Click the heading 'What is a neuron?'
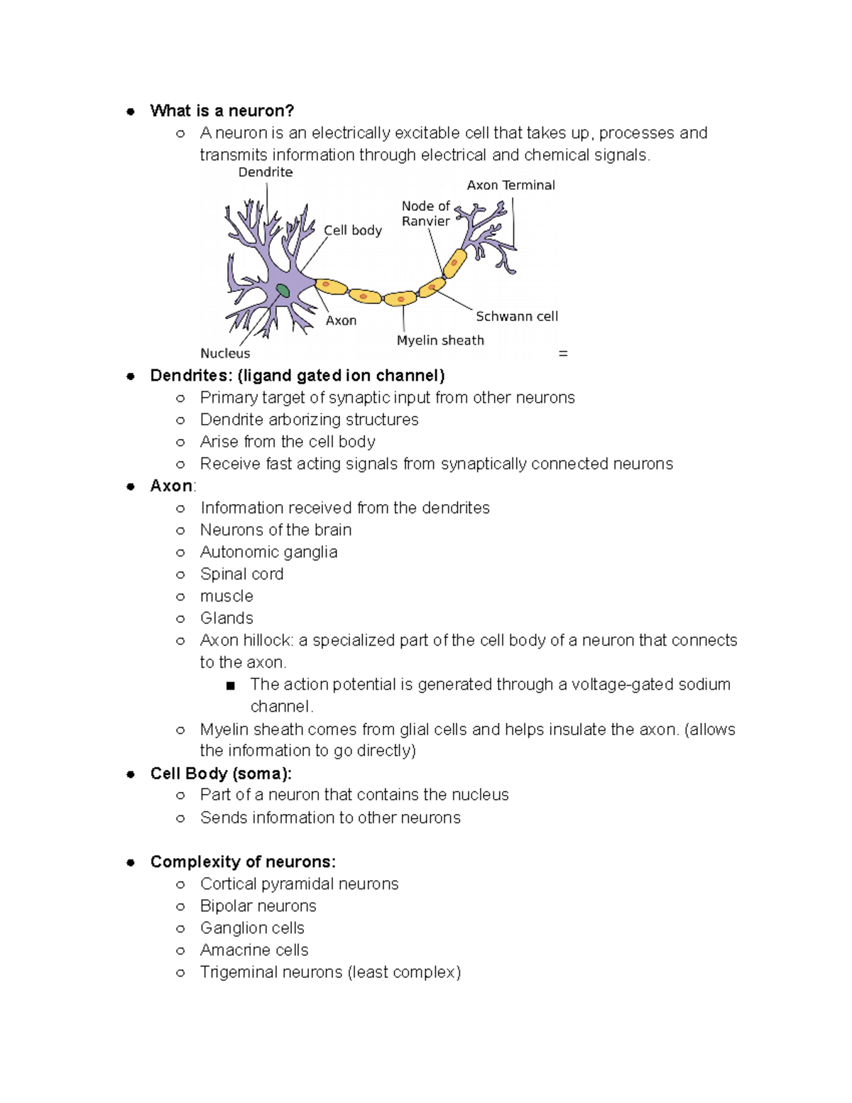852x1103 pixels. [222, 111]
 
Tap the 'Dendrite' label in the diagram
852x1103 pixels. [265, 173]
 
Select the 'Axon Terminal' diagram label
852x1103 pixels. [510, 185]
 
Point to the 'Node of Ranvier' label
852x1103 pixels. [425, 213]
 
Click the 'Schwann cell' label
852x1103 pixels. [516, 316]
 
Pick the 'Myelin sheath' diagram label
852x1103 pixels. [440, 340]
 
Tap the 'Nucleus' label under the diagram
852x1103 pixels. [225, 353]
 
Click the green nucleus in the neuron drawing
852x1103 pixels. [283, 290]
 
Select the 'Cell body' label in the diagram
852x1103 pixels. [353, 230]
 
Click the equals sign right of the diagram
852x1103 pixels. [563, 353]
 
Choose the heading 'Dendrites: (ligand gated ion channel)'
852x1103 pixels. [297, 376]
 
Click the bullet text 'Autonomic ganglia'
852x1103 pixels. [268, 552]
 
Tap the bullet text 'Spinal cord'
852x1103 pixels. [241, 574]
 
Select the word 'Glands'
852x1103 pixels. [226, 618]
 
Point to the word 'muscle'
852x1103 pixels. [226, 596]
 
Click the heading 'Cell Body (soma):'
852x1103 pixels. [221, 773]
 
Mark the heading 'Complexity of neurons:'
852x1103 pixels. [243, 862]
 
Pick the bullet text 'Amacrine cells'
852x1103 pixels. [254, 950]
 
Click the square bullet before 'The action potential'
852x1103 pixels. [230, 685]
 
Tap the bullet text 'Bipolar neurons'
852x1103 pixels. [258, 906]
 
